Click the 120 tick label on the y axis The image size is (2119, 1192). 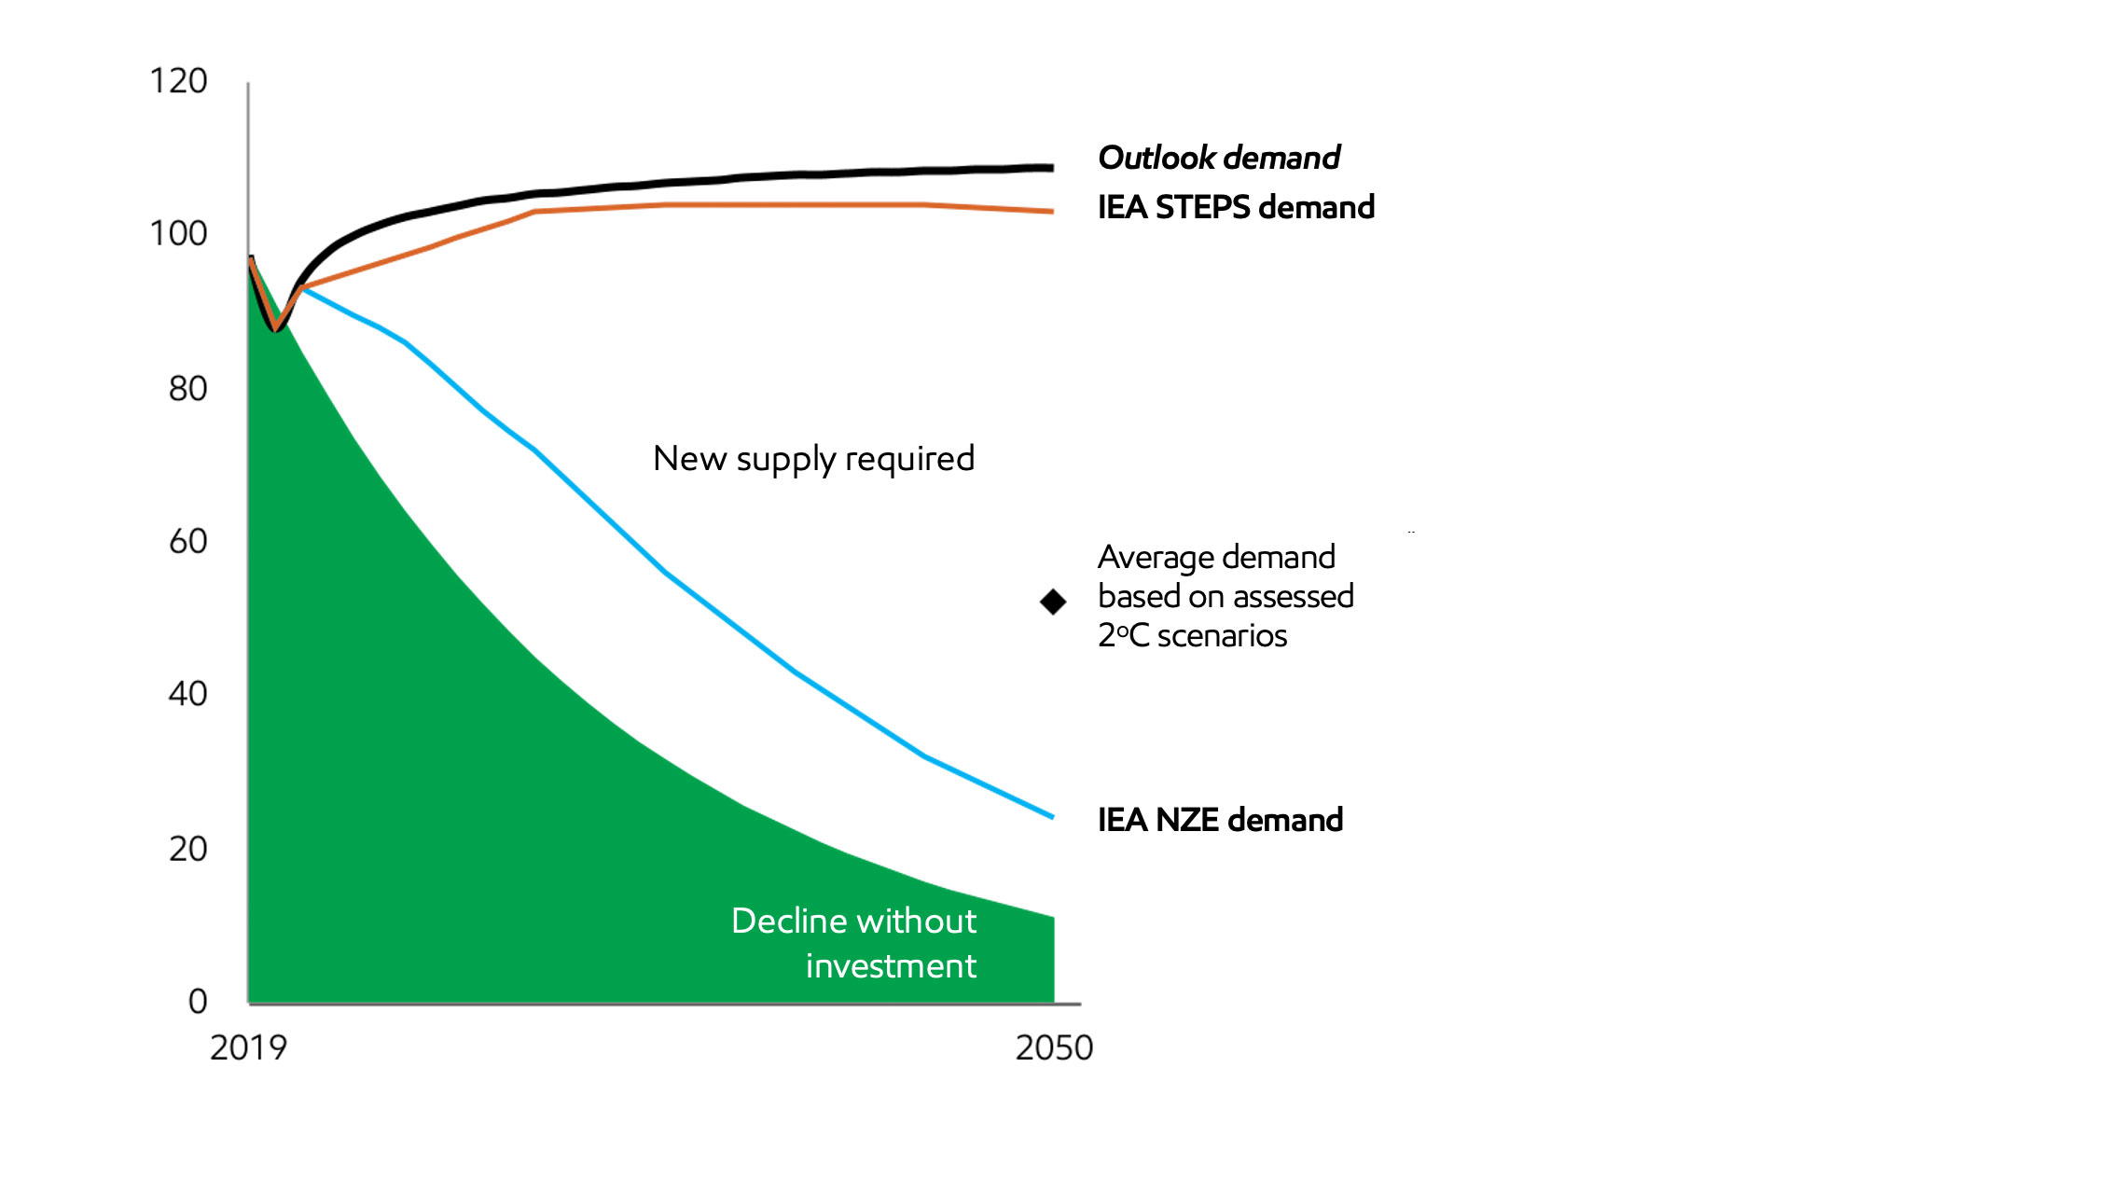[178, 81]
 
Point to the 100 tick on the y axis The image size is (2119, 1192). [178, 233]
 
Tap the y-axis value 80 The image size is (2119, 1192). [187, 388]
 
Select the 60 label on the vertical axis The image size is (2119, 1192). [187, 541]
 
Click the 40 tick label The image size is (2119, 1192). [187, 694]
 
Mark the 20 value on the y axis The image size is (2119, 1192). [187, 849]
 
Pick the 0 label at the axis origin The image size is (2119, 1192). [197, 1001]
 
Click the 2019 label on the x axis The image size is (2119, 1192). [248, 1048]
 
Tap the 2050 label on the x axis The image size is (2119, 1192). [1054, 1048]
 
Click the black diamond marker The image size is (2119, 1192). [1053, 602]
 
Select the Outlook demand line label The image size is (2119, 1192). [1219, 158]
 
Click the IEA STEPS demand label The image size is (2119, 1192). [1236, 207]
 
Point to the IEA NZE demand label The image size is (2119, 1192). [1220, 820]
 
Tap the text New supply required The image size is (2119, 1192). [813, 459]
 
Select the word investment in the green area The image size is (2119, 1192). [891, 966]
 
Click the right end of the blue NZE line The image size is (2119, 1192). [1052, 816]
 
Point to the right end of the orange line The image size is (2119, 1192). [1052, 212]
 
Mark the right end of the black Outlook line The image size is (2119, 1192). [1052, 168]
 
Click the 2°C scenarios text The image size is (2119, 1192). [1192, 636]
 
